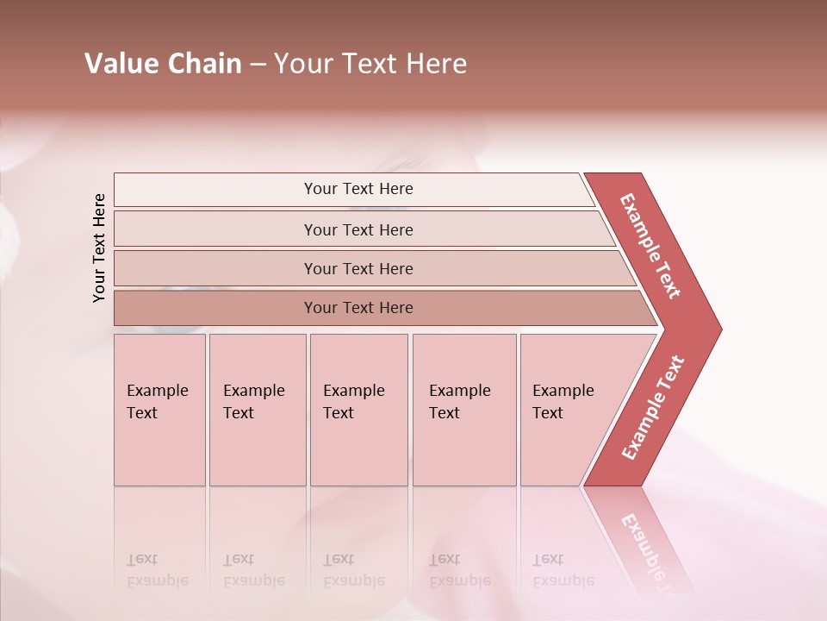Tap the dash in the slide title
point(258,65)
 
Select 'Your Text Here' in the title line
point(370,64)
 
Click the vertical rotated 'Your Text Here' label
point(99,248)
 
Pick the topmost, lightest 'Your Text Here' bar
point(358,189)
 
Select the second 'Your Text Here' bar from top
point(358,229)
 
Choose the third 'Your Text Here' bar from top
point(358,268)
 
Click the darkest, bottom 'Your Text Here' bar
point(358,308)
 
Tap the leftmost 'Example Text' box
point(159,410)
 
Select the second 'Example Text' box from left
point(257,410)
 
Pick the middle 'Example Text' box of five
point(358,410)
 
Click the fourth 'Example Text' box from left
point(463,410)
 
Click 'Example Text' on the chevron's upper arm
point(650,246)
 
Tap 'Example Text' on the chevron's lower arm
point(653,408)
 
